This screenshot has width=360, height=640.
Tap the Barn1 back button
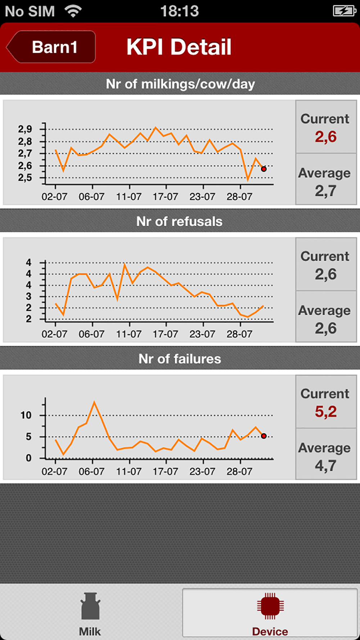52,47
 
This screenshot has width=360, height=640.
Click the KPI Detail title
179,47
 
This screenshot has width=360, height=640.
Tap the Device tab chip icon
270,606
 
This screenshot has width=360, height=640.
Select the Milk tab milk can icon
90,606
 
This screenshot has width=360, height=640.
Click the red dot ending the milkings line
264,169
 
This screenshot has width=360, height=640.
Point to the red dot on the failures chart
264,436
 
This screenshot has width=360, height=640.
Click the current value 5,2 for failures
326,411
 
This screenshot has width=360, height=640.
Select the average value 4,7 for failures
326,466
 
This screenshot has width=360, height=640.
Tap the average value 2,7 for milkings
326,191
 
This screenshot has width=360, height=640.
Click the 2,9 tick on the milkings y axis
25,129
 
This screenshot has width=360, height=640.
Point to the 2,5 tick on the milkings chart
25,178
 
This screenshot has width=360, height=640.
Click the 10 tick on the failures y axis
26,415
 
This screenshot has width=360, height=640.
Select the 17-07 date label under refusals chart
165,334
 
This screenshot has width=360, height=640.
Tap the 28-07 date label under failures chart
239,472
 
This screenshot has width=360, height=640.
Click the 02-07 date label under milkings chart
54,197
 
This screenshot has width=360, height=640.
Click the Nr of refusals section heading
179,221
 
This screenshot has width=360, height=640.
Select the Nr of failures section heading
180,359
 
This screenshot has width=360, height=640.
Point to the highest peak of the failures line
94,402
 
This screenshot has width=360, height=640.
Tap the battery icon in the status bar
345,11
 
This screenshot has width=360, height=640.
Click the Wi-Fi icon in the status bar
73,12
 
